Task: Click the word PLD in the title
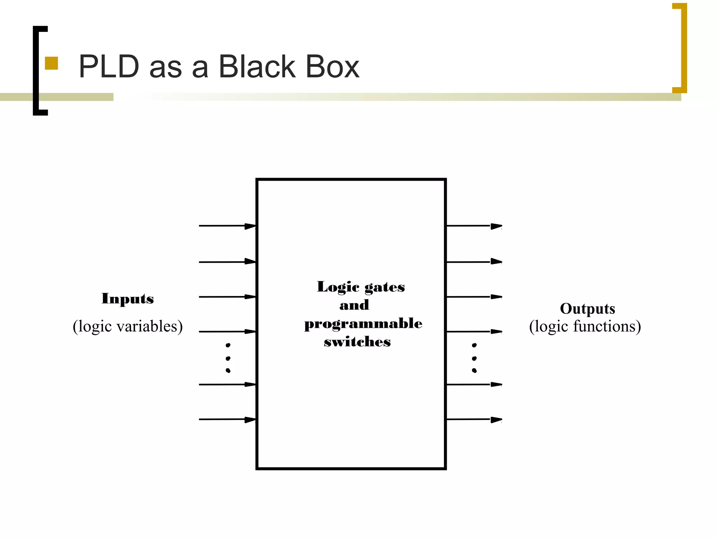coord(109,67)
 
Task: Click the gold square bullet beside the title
coord(51,63)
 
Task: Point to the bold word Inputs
coord(128,299)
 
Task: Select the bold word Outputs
coord(587,309)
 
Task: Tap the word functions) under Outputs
coord(607,326)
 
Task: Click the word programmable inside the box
coord(363,324)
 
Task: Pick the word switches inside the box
coord(357,342)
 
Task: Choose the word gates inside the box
coord(384,287)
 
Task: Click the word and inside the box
coord(354,305)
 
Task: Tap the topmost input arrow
coord(228,226)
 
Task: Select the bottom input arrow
coord(228,419)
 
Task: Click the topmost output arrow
coord(474,226)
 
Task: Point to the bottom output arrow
coord(474,419)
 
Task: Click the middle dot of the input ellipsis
coord(228,358)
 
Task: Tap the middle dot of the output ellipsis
coord(474,358)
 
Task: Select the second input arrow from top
coord(228,262)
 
